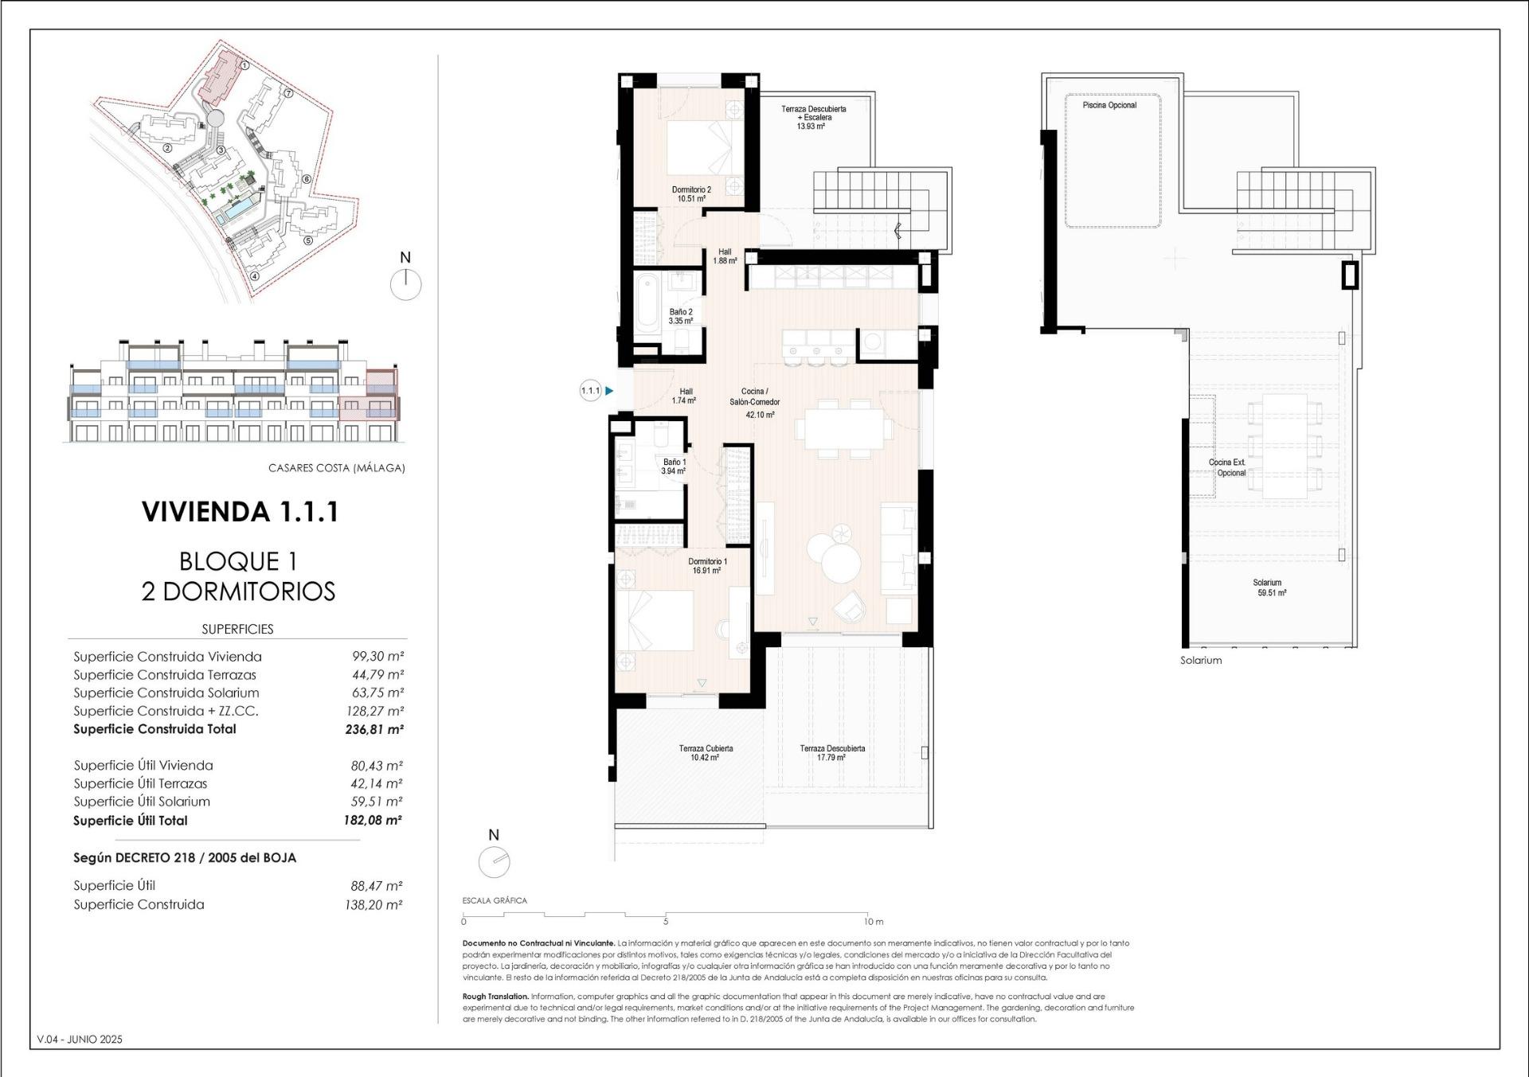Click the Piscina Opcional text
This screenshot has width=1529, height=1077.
pos(1109,105)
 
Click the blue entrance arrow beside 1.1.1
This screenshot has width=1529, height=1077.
pos(609,391)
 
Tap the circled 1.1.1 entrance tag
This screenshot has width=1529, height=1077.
pos(590,391)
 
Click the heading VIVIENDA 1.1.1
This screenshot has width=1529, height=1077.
pos(240,512)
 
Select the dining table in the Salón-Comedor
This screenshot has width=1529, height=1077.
pos(843,429)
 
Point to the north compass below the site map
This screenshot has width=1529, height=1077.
pos(406,284)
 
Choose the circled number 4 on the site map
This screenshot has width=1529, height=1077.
pos(255,277)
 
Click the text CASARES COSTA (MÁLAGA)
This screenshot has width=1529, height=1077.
pos(337,468)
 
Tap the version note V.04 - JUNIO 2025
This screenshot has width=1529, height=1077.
pos(80,1040)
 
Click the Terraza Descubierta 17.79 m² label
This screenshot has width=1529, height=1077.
pos(832,753)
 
